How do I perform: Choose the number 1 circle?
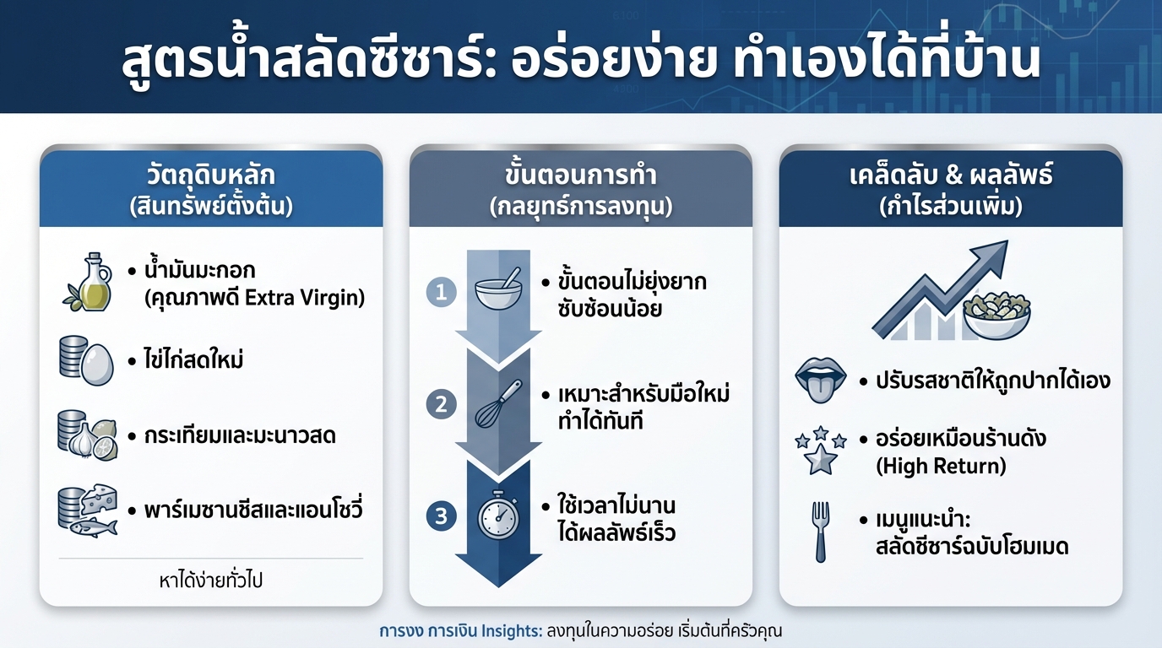(x=441, y=293)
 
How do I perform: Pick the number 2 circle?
(x=441, y=404)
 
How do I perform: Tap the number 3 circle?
(x=441, y=516)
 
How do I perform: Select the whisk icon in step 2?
(x=498, y=402)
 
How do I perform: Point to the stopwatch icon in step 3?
(x=498, y=515)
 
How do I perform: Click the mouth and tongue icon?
(x=821, y=381)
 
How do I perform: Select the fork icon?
(x=821, y=532)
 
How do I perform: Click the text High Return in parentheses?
(x=942, y=465)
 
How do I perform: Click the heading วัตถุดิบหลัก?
(x=211, y=176)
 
